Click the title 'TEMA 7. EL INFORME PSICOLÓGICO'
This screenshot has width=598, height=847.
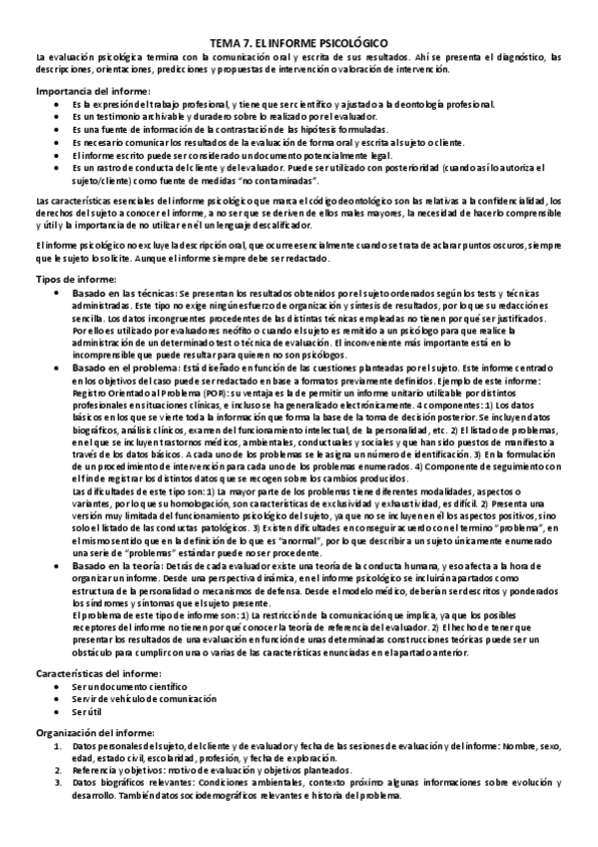pos(299,46)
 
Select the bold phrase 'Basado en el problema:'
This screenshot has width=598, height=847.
pos(131,369)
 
